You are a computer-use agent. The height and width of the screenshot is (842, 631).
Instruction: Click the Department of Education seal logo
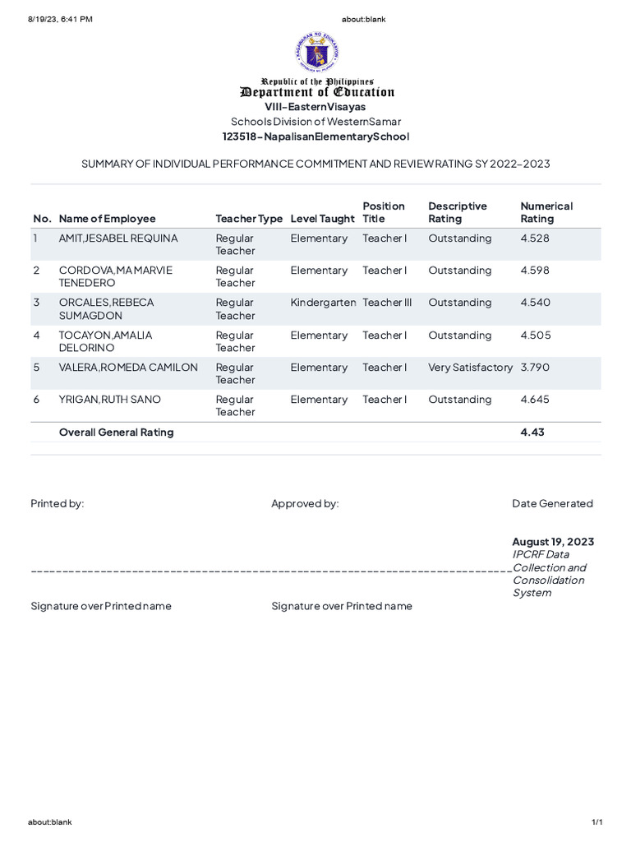click(x=315, y=52)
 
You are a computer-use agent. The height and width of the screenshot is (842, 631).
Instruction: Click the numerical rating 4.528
click(x=534, y=238)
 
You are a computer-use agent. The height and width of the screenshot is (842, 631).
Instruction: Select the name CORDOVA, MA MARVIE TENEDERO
click(x=115, y=276)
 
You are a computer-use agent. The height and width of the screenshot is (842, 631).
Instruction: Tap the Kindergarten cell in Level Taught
click(x=323, y=303)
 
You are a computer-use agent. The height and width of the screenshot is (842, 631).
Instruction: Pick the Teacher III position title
click(x=387, y=303)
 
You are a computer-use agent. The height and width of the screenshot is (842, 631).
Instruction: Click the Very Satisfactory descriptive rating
click(x=470, y=368)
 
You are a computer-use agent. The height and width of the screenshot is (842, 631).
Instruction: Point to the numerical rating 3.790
click(x=535, y=368)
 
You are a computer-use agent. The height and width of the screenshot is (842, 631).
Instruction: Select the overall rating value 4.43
click(x=532, y=433)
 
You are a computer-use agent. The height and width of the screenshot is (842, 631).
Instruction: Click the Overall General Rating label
click(x=116, y=433)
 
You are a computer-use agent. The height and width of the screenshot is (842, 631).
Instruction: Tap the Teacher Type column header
click(x=248, y=219)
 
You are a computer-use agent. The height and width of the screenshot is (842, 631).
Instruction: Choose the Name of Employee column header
click(x=107, y=219)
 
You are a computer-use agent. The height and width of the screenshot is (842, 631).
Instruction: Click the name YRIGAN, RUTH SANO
click(x=109, y=400)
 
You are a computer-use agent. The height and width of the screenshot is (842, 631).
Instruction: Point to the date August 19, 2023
click(x=553, y=542)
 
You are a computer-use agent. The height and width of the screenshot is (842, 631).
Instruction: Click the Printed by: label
click(x=58, y=503)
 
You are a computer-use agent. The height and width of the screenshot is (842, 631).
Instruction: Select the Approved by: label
click(x=305, y=503)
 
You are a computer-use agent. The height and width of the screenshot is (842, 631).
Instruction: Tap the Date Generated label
click(x=552, y=503)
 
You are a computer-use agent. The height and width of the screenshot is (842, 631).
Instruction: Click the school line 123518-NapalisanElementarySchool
click(x=315, y=136)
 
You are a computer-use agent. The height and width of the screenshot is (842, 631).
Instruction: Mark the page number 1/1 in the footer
click(x=597, y=822)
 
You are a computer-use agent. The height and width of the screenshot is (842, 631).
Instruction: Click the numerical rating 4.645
click(x=535, y=400)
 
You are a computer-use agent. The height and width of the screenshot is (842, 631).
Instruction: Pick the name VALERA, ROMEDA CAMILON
click(x=128, y=368)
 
